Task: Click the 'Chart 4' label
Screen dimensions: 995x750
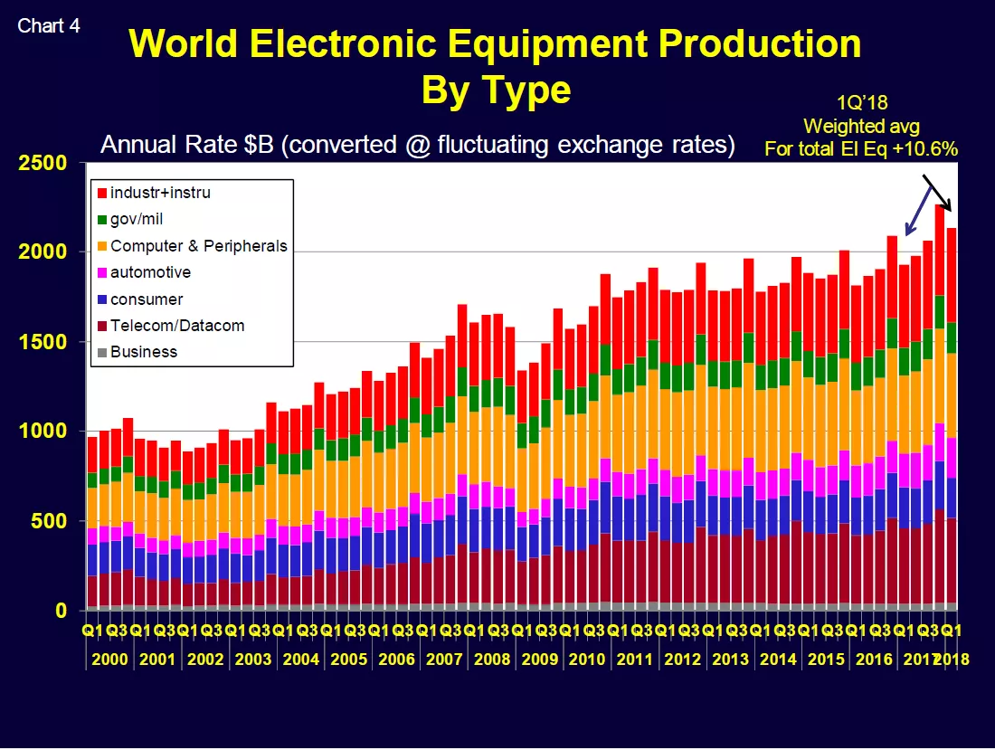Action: point(48,26)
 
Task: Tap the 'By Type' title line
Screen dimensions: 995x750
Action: point(496,90)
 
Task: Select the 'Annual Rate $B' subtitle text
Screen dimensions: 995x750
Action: point(187,145)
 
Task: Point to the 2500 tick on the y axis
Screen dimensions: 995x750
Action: point(43,163)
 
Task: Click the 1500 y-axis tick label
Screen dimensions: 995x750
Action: point(43,342)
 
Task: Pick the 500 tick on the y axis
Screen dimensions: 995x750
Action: point(49,521)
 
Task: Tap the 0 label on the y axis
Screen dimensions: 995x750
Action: point(61,611)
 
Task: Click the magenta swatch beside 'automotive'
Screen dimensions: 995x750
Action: point(102,273)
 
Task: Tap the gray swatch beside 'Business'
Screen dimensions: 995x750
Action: point(102,352)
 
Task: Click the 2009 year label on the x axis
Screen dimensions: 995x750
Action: point(539,660)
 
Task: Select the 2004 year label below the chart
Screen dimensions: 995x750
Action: point(301,660)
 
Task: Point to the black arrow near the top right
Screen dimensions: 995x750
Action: point(937,193)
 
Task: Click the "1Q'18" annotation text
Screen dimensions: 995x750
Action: point(862,103)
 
